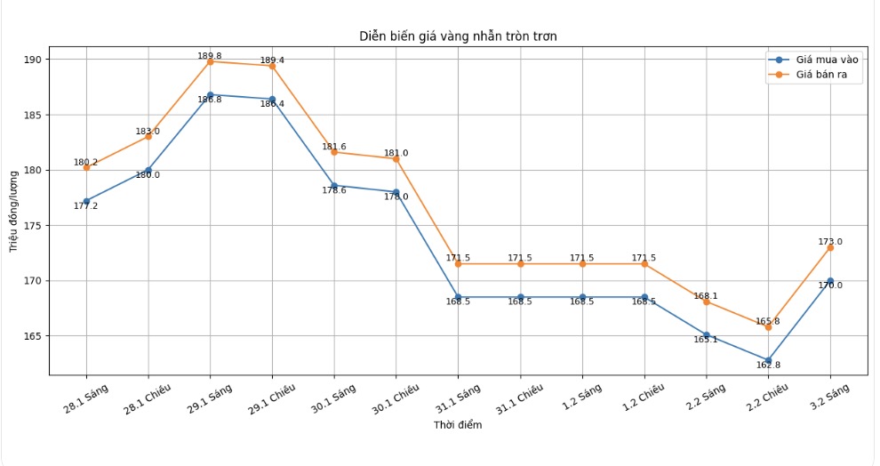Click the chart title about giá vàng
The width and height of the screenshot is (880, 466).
click(x=458, y=36)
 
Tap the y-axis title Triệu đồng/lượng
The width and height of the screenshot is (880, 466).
click(x=14, y=210)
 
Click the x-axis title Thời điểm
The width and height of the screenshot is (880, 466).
click(x=458, y=425)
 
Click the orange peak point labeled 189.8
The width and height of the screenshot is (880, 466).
click(x=210, y=61)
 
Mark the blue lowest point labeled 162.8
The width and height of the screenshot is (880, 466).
click(x=768, y=360)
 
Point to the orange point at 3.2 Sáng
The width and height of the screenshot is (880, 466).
click(x=830, y=247)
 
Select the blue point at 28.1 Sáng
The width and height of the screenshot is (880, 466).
click(x=86, y=201)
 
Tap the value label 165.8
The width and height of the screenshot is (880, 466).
click(x=767, y=321)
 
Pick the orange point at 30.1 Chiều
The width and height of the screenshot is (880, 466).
click(x=396, y=158)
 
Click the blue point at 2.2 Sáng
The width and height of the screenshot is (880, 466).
click(x=706, y=334)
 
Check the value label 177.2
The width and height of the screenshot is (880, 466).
click(x=86, y=206)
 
